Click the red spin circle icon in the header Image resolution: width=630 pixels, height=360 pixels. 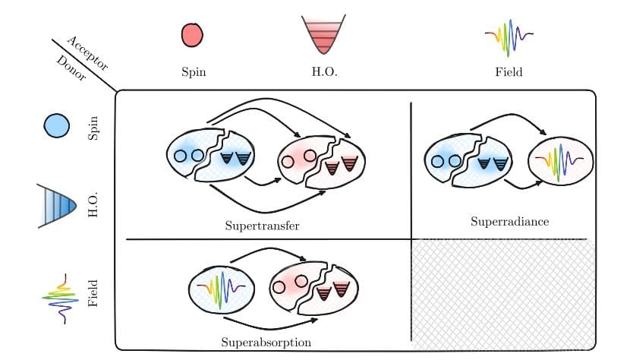[193, 36]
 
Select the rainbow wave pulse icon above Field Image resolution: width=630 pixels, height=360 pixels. [508, 35]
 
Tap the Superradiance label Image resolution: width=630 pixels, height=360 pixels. [509, 222]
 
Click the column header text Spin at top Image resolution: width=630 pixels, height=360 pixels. [194, 73]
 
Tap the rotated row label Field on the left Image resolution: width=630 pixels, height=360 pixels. [93, 294]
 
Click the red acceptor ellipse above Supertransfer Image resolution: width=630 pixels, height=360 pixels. [319, 162]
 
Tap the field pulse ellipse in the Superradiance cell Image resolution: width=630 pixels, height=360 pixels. [559, 161]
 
